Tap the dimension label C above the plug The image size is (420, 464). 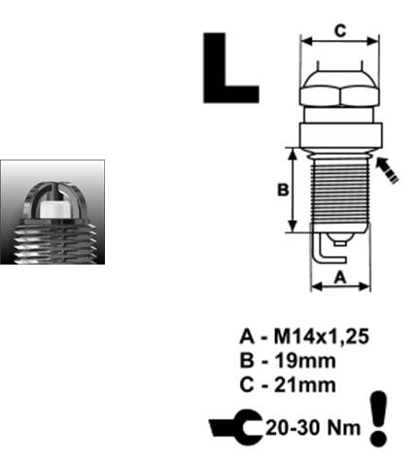pos(340,31)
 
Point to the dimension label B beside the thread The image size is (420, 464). pos(283,190)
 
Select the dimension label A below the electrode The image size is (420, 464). pos(340,277)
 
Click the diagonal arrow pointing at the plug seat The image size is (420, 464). pos(387,169)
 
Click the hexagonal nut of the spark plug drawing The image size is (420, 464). pos(339,96)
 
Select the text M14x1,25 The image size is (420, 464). pos(321,337)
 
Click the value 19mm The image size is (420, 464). pos(305,361)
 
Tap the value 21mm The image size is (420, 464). pos(305,385)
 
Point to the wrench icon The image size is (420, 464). pos(235,427)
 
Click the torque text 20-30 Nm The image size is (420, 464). pos(313,428)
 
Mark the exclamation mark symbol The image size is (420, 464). pos(378,417)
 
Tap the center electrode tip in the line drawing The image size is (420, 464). pos(339,242)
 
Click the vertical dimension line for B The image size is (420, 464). pos(293,190)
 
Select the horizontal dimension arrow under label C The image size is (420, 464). pos(339,41)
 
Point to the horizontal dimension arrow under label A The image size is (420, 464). pos(340,286)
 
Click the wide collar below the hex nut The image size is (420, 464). pos(340,135)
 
